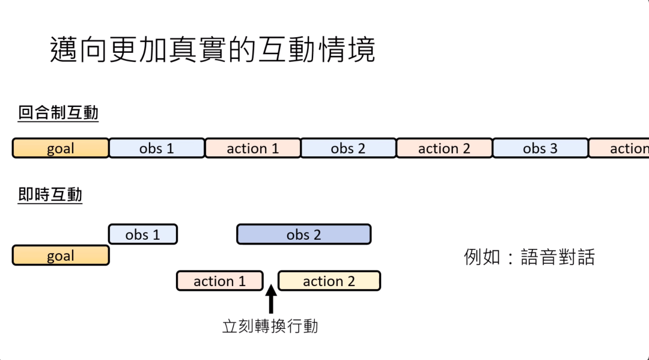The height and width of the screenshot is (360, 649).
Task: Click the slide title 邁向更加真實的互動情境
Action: [212, 50]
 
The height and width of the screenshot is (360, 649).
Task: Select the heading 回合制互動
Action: [58, 113]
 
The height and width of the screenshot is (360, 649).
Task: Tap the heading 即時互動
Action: [50, 195]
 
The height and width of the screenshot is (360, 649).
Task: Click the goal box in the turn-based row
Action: [61, 148]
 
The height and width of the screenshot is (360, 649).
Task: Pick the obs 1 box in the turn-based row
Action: [156, 148]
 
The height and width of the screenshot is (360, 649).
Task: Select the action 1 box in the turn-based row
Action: [252, 148]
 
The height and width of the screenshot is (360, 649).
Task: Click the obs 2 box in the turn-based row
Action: [348, 148]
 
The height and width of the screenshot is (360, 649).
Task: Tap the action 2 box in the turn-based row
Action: [444, 148]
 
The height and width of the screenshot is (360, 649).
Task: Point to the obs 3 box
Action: [540, 148]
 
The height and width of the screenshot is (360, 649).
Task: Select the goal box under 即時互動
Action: [61, 255]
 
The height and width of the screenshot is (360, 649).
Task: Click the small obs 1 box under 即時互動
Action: [142, 234]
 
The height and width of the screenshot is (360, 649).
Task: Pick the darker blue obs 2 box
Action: [303, 234]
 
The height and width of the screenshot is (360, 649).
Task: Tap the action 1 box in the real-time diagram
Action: [219, 281]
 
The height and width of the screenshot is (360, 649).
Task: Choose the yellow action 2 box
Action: [329, 281]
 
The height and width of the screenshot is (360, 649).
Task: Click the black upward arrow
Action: [270, 299]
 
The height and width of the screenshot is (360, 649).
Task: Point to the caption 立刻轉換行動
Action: [270, 326]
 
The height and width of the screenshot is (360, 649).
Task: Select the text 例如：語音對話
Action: [529, 257]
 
